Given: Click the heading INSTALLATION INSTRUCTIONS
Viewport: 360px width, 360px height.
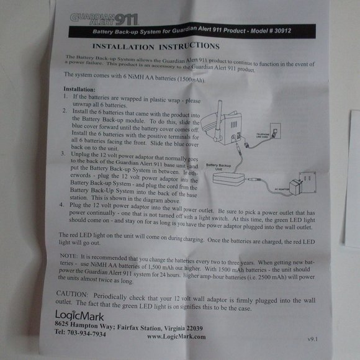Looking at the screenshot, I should tap(155, 47).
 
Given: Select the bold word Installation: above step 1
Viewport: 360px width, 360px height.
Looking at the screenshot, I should tap(79, 89).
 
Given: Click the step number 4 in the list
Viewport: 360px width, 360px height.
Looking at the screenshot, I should tap(61, 203).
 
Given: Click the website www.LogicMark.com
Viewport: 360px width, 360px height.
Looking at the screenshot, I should tap(177, 336).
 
